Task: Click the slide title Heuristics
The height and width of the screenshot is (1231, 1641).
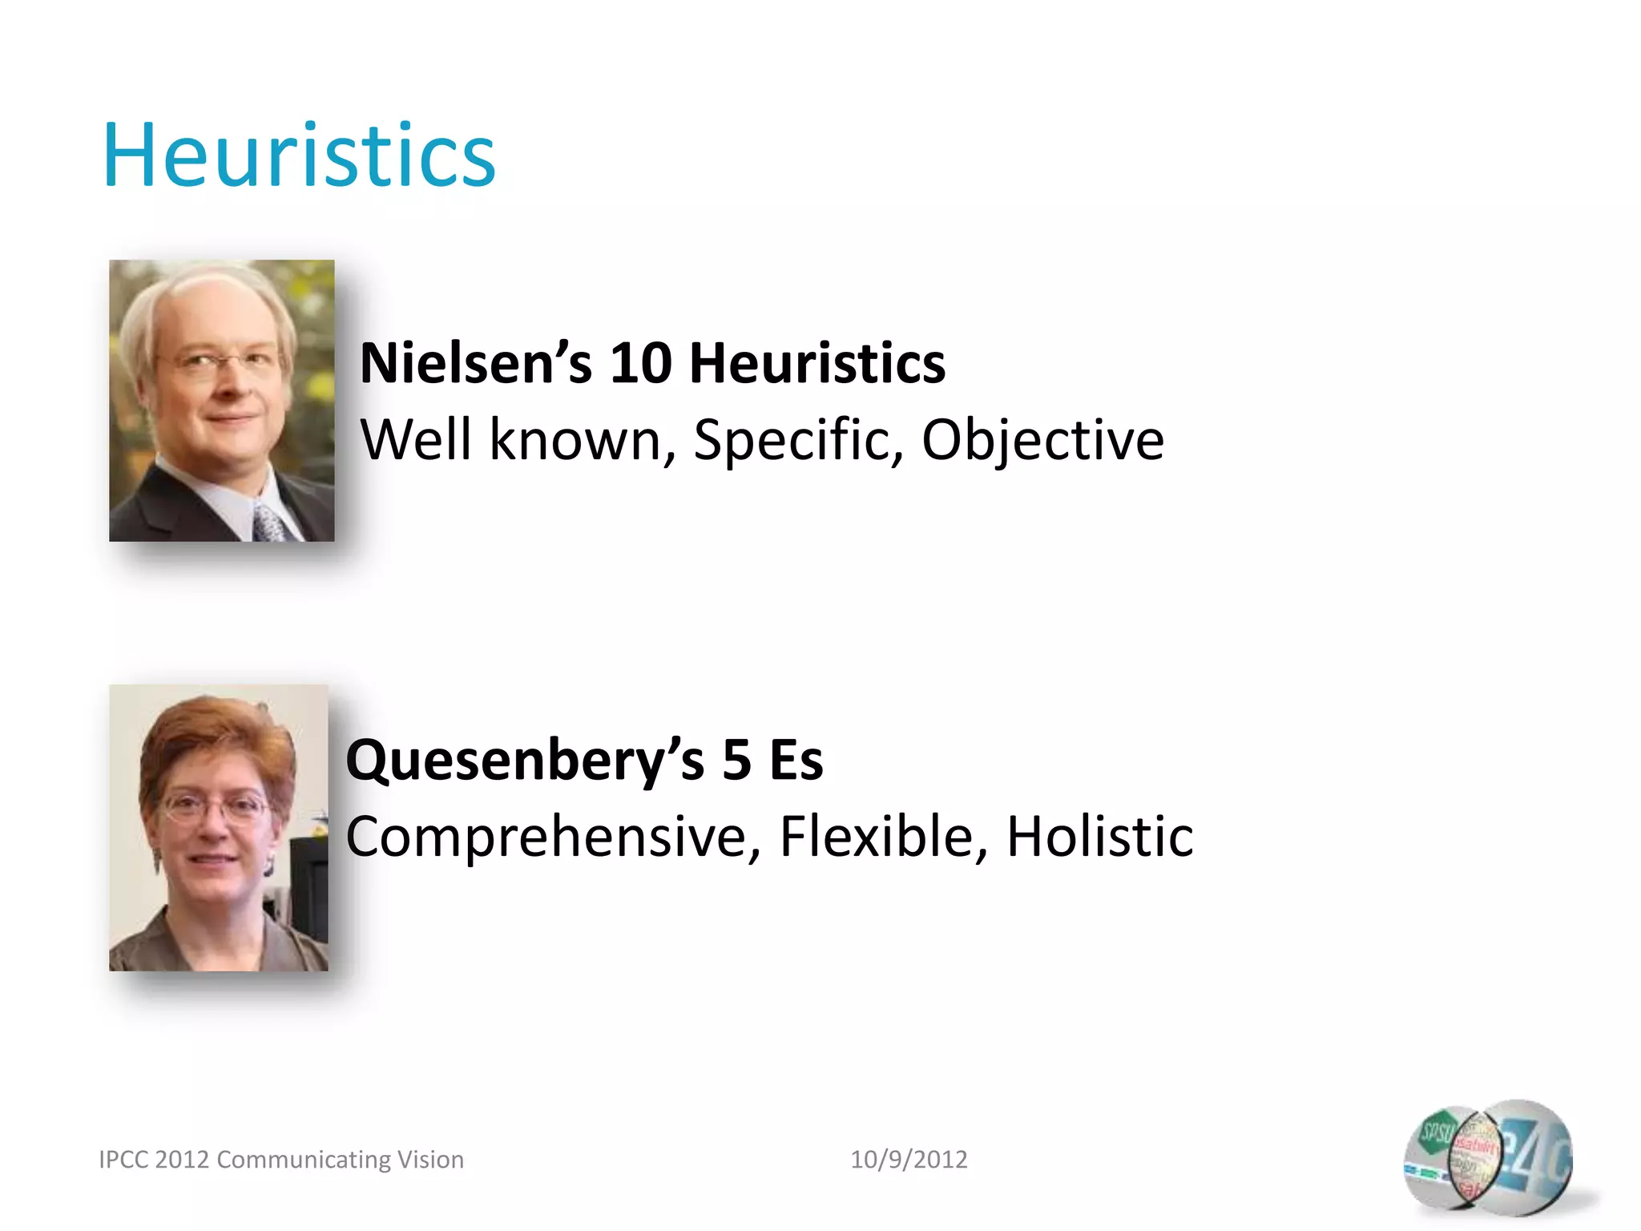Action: click(x=299, y=155)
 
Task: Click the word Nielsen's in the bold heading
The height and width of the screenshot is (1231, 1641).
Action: click(x=476, y=364)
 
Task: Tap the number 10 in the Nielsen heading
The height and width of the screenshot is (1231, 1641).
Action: click(x=640, y=364)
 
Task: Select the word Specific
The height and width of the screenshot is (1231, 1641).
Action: click(x=798, y=440)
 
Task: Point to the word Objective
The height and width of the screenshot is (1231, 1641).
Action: click(x=1042, y=440)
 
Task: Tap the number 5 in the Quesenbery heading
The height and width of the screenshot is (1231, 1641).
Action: click(x=736, y=761)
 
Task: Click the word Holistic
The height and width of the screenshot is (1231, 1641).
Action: click(x=1099, y=837)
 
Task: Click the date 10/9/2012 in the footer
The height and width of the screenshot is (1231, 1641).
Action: click(x=909, y=1160)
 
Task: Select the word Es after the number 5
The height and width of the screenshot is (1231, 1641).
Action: click(x=796, y=761)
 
